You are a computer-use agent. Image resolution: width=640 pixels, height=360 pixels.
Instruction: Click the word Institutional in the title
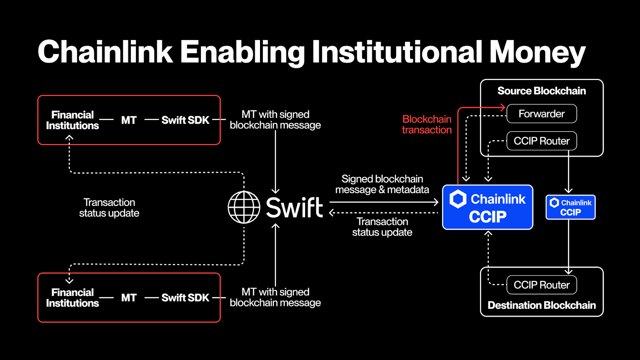(x=397, y=52)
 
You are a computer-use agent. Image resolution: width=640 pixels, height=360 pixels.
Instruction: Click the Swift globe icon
(x=244, y=207)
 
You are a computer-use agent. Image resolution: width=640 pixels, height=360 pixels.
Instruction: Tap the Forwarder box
(x=542, y=114)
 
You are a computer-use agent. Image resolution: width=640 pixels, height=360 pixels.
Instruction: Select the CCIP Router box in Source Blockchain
(x=542, y=141)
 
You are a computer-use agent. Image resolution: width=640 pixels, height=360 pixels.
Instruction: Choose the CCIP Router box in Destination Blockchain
(x=542, y=285)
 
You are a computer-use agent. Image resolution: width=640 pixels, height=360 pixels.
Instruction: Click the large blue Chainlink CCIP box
(x=488, y=207)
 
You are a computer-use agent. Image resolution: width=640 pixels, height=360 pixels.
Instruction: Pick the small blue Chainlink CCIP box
(x=570, y=207)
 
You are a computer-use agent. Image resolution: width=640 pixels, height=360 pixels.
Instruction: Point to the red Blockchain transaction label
(x=427, y=124)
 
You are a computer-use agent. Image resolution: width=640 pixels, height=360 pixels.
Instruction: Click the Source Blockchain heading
(x=542, y=91)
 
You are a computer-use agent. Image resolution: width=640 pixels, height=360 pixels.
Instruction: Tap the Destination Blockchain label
(x=542, y=306)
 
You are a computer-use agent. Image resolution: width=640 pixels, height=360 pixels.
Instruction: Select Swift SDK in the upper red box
(x=185, y=120)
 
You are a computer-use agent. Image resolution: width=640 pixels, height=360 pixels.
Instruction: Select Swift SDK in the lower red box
(x=185, y=298)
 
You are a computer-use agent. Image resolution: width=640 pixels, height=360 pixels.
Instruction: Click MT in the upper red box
(x=129, y=120)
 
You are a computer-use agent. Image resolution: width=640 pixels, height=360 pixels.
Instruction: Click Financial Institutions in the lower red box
(x=72, y=298)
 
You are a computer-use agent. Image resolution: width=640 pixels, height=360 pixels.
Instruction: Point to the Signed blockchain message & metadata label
(x=382, y=184)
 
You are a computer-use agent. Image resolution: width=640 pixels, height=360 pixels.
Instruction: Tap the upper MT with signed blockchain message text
(x=275, y=120)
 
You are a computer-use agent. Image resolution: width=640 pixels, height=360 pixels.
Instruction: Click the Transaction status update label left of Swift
(x=109, y=208)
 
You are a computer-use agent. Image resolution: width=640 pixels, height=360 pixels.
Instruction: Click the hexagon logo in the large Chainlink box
(x=458, y=199)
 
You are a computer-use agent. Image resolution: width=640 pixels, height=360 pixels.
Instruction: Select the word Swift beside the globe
(x=294, y=207)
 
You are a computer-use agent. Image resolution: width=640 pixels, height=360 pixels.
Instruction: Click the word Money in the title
(x=537, y=52)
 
